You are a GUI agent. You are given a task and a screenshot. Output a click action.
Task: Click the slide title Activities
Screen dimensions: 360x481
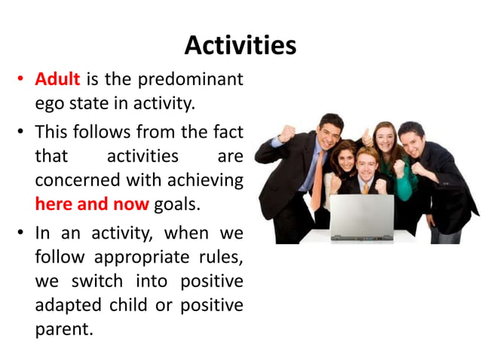[x=240, y=46]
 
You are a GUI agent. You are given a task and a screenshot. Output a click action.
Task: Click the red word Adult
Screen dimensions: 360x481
[x=57, y=79]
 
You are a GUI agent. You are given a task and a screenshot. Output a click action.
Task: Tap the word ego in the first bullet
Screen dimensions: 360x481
[x=50, y=104]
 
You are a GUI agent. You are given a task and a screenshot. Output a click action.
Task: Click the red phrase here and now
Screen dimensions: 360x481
[x=92, y=204]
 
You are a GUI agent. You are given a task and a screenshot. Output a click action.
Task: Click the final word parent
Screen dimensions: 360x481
[x=63, y=331]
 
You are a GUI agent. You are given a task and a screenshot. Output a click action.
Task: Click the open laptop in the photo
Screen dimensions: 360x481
[x=361, y=217]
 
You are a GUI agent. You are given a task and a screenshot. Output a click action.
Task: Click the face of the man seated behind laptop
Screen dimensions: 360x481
[x=367, y=163]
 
